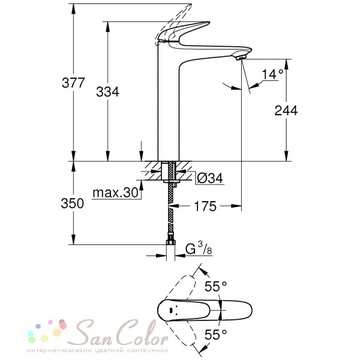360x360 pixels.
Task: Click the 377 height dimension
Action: tap(73, 83)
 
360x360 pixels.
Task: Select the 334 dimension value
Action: tap(107, 92)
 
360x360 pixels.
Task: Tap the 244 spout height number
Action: tap(286, 110)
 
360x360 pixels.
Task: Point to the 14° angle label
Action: tap(272, 74)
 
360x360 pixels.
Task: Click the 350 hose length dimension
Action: tap(73, 203)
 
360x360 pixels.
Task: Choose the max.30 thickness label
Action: tap(115, 193)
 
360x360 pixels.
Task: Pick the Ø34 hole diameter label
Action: tap(210, 178)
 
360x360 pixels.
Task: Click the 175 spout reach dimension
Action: tap(205, 206)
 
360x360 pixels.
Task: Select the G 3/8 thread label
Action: tap(199, 249)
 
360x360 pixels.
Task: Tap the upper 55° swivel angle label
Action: tap(215, 286)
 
